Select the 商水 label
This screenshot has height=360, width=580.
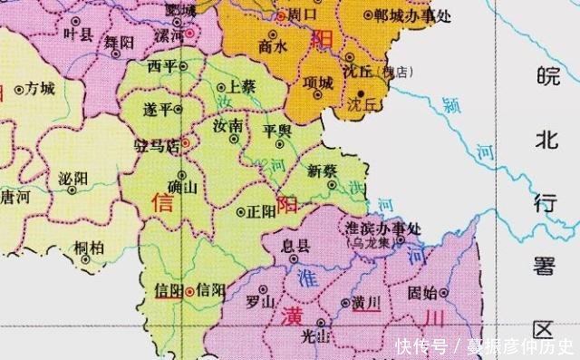(273, 46)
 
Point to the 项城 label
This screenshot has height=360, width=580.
(319, 82)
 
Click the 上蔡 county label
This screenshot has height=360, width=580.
(242, 86)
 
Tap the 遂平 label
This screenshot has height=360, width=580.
(158, 109)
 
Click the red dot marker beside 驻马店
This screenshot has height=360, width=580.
(185, 142)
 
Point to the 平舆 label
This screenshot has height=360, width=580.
(276, 131)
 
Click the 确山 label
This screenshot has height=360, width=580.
(184, 187)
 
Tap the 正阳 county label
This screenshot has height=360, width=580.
(261, 211)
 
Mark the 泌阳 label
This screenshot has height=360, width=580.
(72, 177)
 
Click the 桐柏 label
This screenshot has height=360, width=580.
(89, 246)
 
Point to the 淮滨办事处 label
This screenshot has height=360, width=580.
(385, 228)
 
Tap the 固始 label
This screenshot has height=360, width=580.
(422, 291)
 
